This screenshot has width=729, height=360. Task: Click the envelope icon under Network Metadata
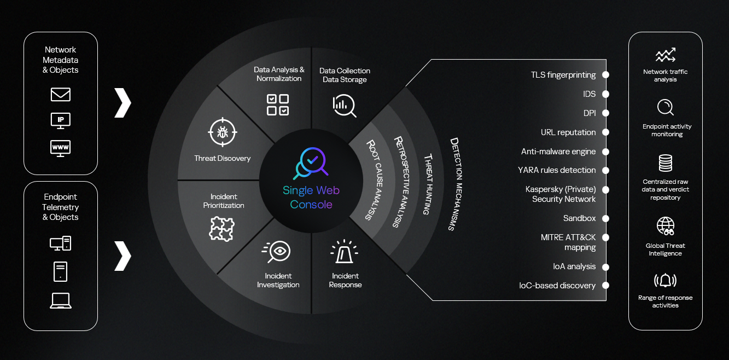click(61, 95)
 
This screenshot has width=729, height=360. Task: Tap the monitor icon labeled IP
click(61, 121)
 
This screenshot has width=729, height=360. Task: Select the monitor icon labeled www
click(61, 148)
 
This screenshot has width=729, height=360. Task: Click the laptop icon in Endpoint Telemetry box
click(61, 300)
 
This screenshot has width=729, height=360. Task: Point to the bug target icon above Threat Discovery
click(223, 132)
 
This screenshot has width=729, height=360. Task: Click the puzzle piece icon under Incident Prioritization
click(221, 229)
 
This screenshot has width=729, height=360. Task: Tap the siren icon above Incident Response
click(345, 251)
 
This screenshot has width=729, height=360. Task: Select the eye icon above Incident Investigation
click(276, 251)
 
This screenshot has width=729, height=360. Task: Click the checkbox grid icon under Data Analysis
click(278, 105)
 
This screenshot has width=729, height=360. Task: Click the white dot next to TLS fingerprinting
click(605, 75)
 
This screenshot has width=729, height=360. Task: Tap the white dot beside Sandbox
click(605, 218)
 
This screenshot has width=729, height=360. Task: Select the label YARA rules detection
click(557, 170)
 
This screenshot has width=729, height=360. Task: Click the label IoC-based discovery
click(557, 286)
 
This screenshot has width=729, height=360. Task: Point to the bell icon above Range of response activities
click(665, 280)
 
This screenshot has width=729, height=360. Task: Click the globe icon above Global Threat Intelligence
click(666, 226)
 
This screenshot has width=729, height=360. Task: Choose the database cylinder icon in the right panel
click(666, 163)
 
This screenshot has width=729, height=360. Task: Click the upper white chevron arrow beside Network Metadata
click(123, 102)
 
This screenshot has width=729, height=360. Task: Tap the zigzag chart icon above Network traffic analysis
click(666, 55)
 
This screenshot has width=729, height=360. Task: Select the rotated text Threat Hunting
click(429, 184)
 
